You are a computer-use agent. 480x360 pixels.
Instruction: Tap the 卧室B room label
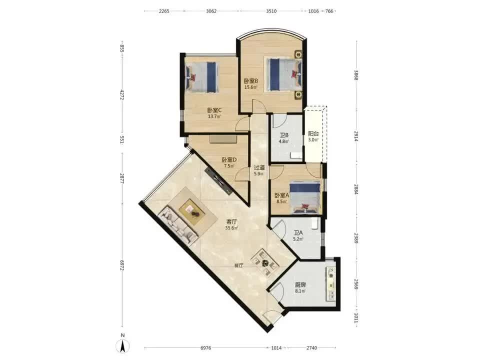pos(251,81)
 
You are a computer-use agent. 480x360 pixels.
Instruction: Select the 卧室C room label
pos(214,110)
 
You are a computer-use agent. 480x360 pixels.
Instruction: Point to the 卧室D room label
pos(229,160)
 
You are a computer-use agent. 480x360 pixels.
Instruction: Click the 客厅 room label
pos(231,221)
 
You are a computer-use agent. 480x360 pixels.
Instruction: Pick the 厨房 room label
pos(300,285)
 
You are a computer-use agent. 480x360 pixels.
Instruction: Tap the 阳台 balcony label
pos(313,134)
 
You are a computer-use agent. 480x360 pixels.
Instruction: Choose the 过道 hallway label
pos(259,168)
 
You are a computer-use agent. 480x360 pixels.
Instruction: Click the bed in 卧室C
pos(201,77)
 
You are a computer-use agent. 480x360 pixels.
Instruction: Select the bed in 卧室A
pos(305,197)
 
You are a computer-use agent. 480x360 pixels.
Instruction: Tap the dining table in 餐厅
pos(265,263)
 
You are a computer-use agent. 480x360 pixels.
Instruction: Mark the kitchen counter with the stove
pos(330,283)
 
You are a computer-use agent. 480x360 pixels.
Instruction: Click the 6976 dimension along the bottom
pos(205,348)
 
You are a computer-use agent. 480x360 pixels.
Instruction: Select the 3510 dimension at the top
pos(271,11)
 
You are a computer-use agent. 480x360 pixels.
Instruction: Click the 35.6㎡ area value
pos(231,228)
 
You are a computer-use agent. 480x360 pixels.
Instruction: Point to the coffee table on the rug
pos(192,210)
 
